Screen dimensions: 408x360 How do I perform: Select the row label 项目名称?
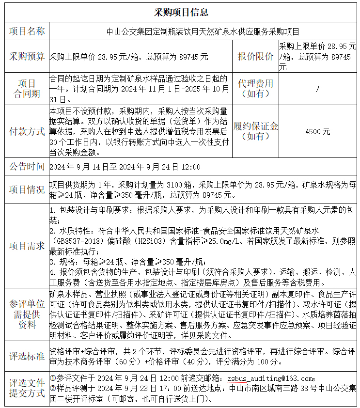(x=27, y=31)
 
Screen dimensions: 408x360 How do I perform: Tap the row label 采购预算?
(x=27, y=56)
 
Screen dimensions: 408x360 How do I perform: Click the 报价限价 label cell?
(x=255, y=56)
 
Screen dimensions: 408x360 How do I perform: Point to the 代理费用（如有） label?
(x=255, y=88)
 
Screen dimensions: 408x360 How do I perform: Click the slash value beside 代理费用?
(x=317, y=89)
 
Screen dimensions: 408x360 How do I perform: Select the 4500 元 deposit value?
(x=317, y=131)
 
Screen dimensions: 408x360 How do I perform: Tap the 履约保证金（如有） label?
(x=255, y=131)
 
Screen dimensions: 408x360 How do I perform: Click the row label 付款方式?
(x=27, y=131)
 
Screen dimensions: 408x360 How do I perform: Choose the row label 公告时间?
(x=27, y=167)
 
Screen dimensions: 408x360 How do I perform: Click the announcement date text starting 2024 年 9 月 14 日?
(x=125, y=167)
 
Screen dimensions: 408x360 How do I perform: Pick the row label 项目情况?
(x=27, y=189)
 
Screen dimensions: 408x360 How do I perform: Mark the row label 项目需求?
(x=27, y=246)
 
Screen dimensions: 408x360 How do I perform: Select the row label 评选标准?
(x=27, y=356)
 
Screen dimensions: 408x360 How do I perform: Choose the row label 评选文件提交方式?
(x=27, y=388)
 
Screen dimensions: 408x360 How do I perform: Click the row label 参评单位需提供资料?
(x=27, y=314)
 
